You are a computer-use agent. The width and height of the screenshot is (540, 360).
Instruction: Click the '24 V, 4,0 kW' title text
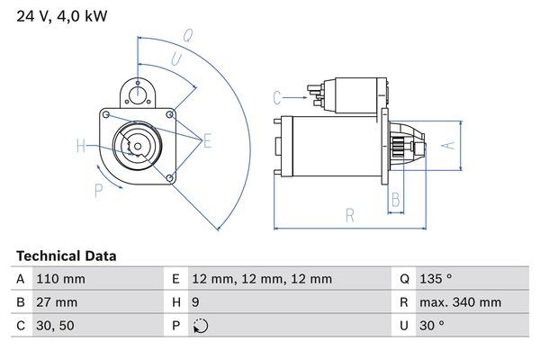click(61, 15)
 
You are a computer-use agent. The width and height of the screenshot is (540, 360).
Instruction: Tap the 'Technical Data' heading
click(66, 256)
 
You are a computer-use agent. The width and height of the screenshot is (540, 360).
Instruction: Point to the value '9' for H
click(195, 303)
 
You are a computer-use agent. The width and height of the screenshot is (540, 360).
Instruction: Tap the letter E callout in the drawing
click(208, 139)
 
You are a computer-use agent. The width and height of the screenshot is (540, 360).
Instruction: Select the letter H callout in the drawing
click(81, 146)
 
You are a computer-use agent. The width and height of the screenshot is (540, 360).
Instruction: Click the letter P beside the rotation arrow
click(98, 189)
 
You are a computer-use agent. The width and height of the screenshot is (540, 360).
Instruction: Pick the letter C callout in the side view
click(277, 96)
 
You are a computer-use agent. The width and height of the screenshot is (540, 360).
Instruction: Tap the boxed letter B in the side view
click(395, 201)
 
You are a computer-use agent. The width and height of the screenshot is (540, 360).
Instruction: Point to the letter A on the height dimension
click(453, 143)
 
